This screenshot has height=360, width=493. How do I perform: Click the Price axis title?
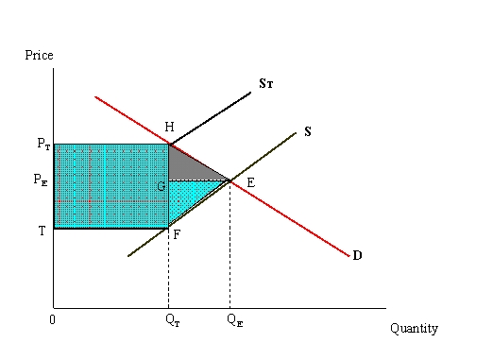[39, 56]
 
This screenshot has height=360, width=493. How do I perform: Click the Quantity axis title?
[414, 329]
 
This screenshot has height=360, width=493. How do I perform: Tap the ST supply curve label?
[266, 85]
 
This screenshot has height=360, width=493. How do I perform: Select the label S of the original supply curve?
[308, 131]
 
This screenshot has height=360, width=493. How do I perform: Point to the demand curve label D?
[357, 255]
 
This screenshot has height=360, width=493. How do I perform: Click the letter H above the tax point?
[169, 128]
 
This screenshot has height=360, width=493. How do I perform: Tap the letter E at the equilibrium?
[250, 182]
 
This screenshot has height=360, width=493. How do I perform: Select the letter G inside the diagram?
[161, 186]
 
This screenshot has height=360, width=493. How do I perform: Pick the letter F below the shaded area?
[177, 234]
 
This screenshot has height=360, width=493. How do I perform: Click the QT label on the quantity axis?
[169, 319]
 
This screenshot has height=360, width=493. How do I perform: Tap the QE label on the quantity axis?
[233, 319]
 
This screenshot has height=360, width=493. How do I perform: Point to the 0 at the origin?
[53, 318]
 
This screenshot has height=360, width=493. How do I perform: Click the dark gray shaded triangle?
[187, 167]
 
